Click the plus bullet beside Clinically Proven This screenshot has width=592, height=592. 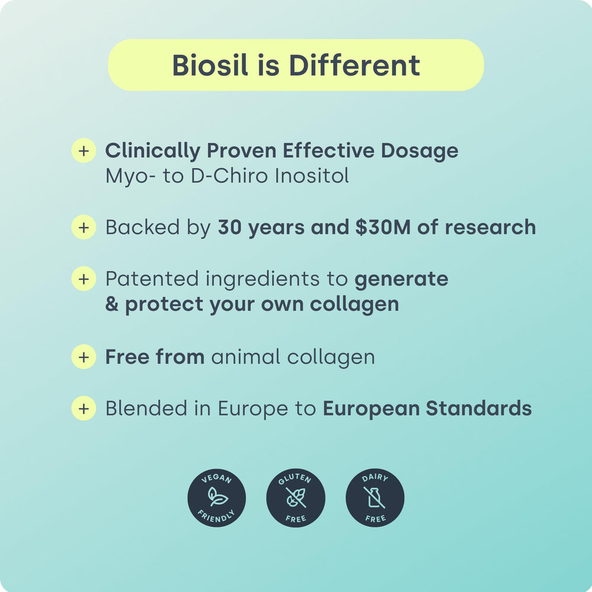tap(83, 150)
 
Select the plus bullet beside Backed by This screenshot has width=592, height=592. tap(83, 227)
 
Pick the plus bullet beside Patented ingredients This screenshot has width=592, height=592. tap(83, 278)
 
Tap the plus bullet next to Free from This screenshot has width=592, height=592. tap(83, 357)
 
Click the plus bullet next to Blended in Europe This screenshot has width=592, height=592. tap(83, 408)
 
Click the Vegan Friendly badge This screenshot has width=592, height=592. tap(217, 498)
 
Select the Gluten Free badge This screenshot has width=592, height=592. tap(296, 498)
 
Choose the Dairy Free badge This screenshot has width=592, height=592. tap(375, 498)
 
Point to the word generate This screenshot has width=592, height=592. tap(401, 278)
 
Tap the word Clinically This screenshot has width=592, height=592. tap(153, 150)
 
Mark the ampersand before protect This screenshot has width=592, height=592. tap(112, 304)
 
